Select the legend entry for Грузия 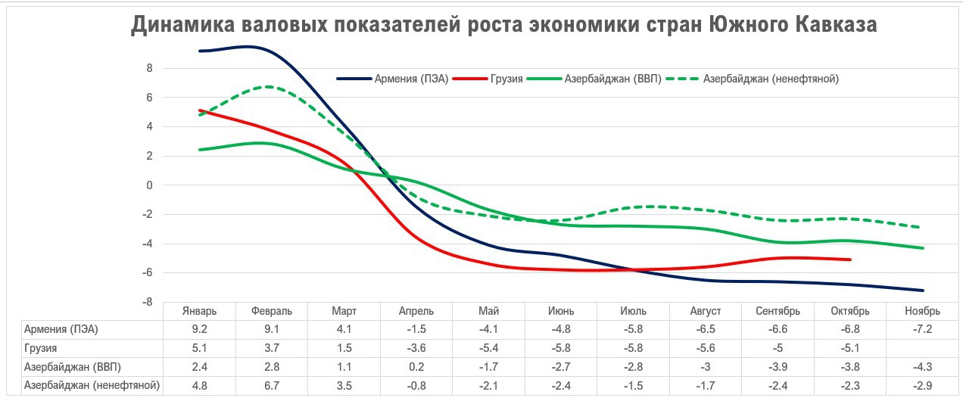click(506, 79)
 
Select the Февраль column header click(272, 311)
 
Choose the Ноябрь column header click(922, 311)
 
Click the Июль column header click(633, 311)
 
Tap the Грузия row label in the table click(42, 348)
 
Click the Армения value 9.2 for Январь click(200, 330)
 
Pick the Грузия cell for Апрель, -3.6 click(416, 348)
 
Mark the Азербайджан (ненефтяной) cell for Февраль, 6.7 click(272, 386)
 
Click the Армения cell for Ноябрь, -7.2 click(922, 330)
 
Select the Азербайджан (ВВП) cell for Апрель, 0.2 click(416, 367)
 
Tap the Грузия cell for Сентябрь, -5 click(778, 348)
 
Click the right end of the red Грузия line click(850, 260)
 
